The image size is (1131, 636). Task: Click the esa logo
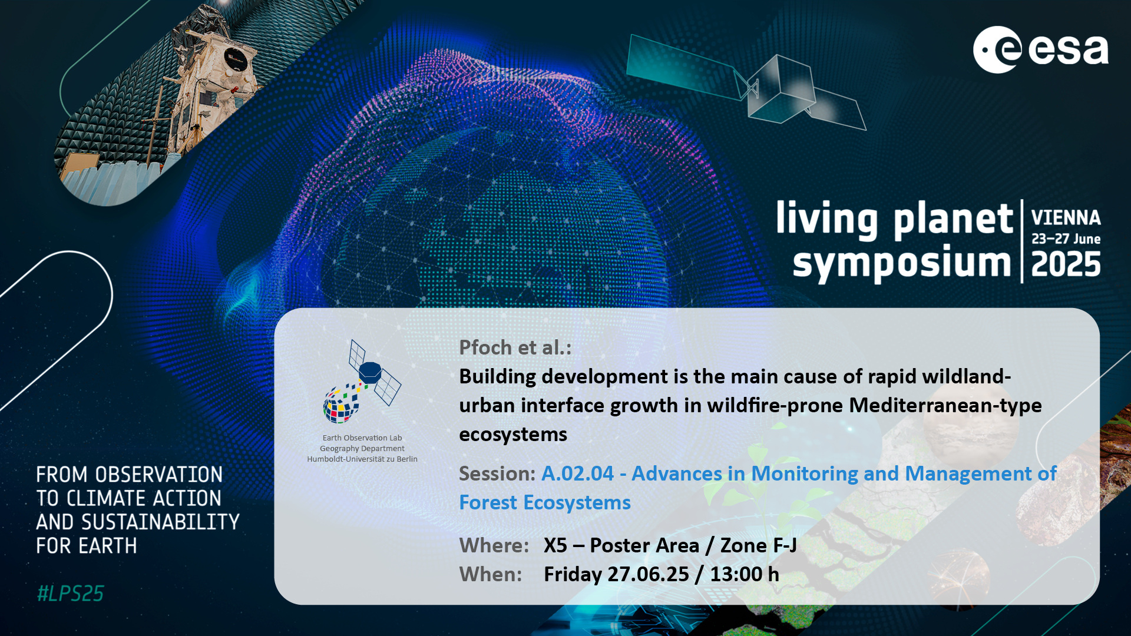click(1041, 49)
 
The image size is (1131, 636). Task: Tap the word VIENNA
click(1066, 218)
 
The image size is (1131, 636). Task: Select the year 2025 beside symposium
click(1066, 264)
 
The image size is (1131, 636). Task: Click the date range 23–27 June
click(1066, 239)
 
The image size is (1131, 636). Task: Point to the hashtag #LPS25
click(70, 594)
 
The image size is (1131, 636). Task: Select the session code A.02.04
click(577, 473)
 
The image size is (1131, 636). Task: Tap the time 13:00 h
click(745, 574)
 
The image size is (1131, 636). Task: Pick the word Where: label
click(494, 545)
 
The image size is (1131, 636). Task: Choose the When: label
click(490, 574)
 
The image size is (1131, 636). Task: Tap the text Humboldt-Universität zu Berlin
click(362, 459)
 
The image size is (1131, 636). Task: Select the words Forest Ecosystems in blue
click(545, 502)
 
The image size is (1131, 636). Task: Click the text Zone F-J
click(759, 545)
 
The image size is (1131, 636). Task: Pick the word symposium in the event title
click(902, 264)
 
